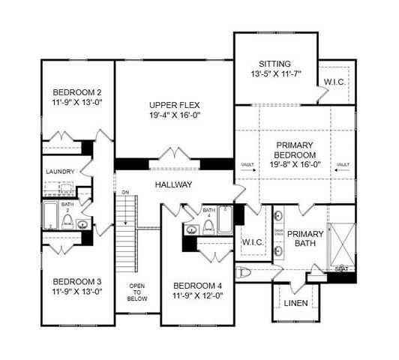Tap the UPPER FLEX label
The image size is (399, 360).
(174, 105)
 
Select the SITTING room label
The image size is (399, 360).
(274, 64)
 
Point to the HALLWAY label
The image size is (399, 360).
(174, 184)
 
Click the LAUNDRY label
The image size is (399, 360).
(60, 172)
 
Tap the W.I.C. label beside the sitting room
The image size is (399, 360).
(334, 82)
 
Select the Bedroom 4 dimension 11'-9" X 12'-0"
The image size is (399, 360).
(198, 297)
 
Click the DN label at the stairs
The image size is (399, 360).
(125, 193)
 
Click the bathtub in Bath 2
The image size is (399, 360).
(50, 215)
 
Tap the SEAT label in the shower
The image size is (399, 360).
(341, 269)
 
